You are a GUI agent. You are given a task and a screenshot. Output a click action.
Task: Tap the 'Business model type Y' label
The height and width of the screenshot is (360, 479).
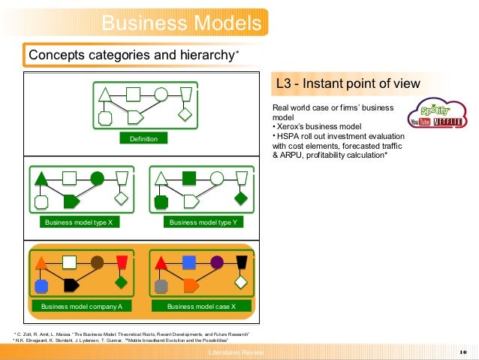[203, 222]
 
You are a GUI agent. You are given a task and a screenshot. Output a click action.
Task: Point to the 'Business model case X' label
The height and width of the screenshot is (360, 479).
[201, 307]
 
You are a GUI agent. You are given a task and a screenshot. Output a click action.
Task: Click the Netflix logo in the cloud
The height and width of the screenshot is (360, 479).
[450, 121]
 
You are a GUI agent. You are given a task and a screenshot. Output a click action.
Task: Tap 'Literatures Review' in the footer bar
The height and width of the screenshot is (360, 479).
[236, 352]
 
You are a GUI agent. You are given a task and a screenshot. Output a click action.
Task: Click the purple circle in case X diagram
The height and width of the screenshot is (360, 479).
[217, 262]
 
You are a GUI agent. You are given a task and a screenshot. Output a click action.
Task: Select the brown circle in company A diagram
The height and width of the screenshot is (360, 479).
[97, 262]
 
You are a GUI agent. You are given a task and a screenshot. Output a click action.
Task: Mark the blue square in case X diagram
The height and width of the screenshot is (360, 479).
[189, 262]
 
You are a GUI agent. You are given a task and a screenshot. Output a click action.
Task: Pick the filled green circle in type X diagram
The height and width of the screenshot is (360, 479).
[97, 178]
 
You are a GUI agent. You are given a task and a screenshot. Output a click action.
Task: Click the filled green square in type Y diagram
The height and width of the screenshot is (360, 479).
[189, 178]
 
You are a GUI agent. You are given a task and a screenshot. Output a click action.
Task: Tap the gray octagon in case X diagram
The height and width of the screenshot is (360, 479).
[161, 286]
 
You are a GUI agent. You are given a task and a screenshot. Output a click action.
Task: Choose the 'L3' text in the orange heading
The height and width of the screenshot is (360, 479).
[284, 83]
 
